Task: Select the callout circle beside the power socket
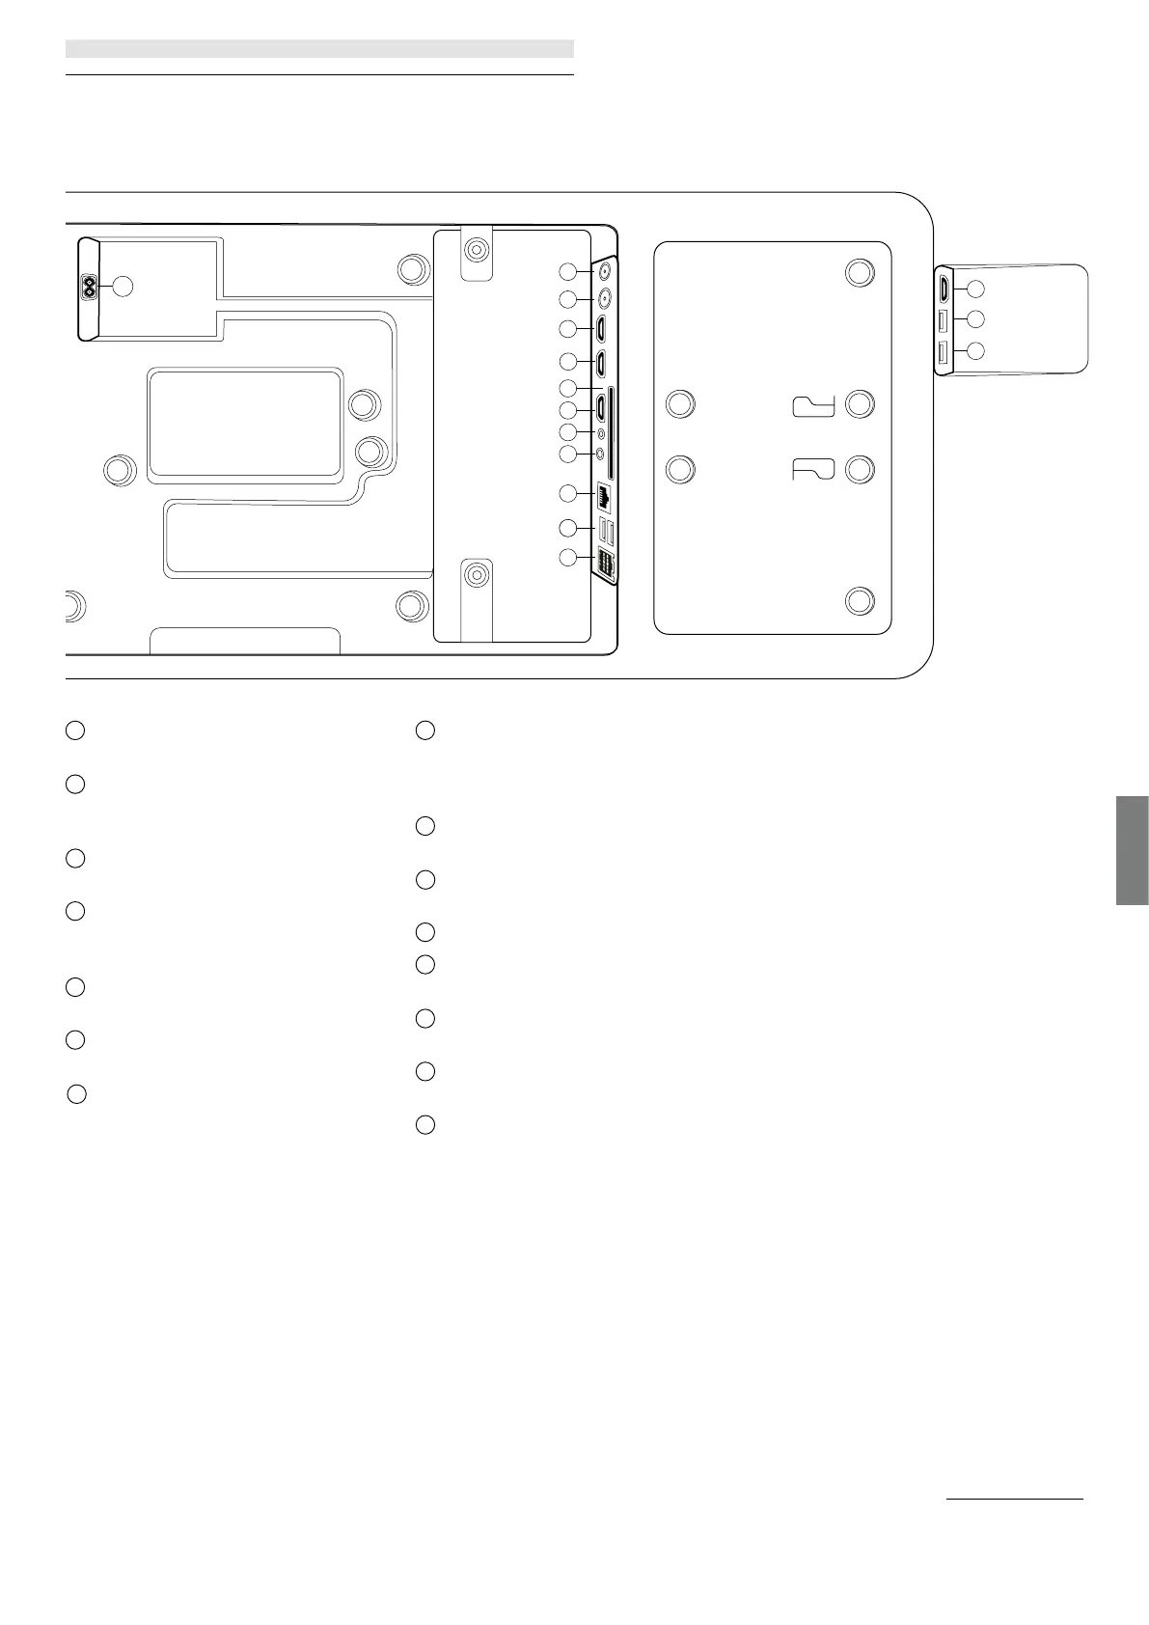123,286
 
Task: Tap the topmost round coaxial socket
606,270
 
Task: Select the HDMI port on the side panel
944,288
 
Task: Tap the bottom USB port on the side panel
944,352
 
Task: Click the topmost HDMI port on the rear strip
601,329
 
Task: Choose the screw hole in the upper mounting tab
476,250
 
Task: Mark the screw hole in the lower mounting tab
475,575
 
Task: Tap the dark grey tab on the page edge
1132,850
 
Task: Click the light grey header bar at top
319,48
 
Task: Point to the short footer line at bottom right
1014,1499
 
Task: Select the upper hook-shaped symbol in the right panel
813,405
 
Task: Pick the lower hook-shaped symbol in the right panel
813,469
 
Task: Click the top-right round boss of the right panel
860,272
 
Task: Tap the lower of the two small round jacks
602,452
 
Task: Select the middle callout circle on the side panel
975,318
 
